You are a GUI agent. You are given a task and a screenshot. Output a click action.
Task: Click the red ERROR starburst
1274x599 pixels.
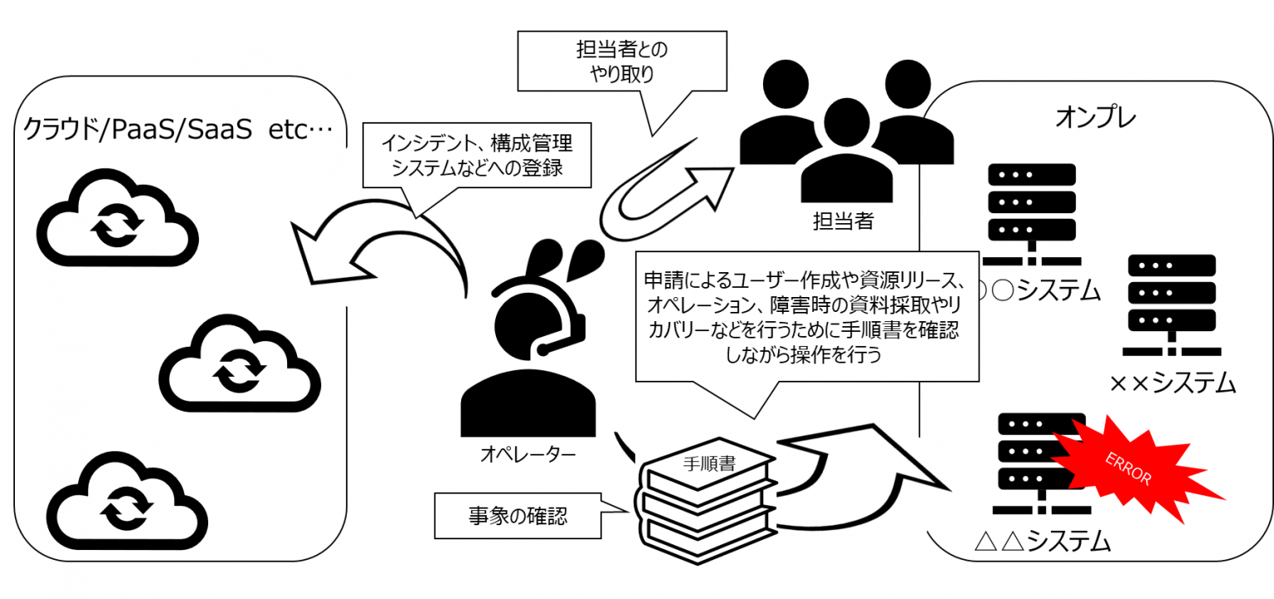[x=1132, y=469]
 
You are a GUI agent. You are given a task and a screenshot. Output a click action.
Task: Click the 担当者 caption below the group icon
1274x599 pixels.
[x=843, y=222]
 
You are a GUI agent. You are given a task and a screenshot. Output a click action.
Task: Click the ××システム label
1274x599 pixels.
[x=1172, y=383]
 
